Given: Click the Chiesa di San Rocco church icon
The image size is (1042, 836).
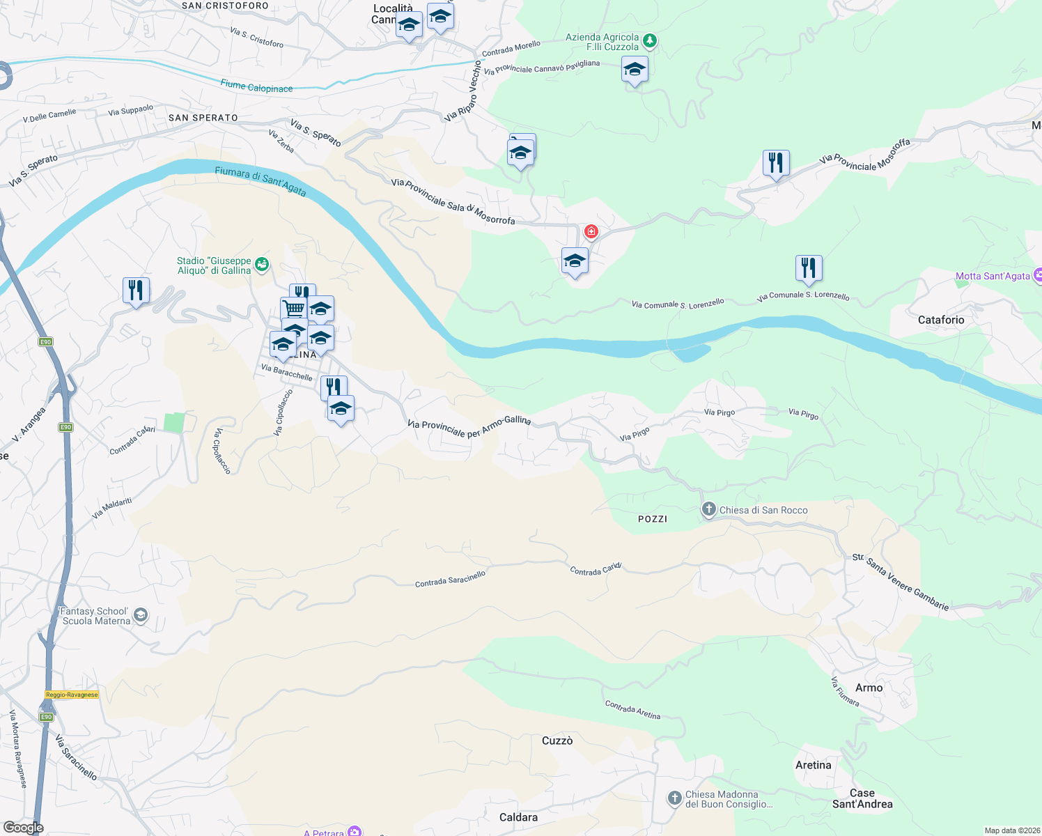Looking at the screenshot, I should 708,510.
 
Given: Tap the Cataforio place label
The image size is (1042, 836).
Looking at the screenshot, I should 941,320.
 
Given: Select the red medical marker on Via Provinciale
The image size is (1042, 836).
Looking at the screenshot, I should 591,231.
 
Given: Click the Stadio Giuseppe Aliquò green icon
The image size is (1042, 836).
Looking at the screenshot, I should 262,264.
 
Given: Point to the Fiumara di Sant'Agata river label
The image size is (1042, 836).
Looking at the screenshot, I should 260,181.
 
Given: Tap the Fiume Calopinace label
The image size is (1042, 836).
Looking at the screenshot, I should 256,86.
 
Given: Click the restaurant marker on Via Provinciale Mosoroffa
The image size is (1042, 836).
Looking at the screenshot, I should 775,164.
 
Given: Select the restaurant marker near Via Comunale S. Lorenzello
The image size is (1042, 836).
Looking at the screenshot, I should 808,268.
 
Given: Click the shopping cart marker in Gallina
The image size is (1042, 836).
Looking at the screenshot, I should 293,309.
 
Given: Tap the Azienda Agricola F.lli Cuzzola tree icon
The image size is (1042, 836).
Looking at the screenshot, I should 649,42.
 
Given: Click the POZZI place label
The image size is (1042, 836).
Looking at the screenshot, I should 653,519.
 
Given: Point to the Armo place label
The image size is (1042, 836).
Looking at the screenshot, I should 869,688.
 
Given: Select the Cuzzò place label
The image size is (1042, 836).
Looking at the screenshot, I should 557,741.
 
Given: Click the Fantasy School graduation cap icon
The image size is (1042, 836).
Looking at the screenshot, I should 141,614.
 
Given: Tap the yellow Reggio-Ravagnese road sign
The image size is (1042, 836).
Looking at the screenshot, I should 72,695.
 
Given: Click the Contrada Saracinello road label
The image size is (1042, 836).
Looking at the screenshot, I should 450,579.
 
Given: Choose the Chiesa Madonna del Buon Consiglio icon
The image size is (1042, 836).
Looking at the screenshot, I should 674,798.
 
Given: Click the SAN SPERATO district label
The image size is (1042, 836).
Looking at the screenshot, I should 203,118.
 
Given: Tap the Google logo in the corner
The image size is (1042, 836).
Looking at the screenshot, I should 23,828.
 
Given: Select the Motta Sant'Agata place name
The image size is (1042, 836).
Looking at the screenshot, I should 993,276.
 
